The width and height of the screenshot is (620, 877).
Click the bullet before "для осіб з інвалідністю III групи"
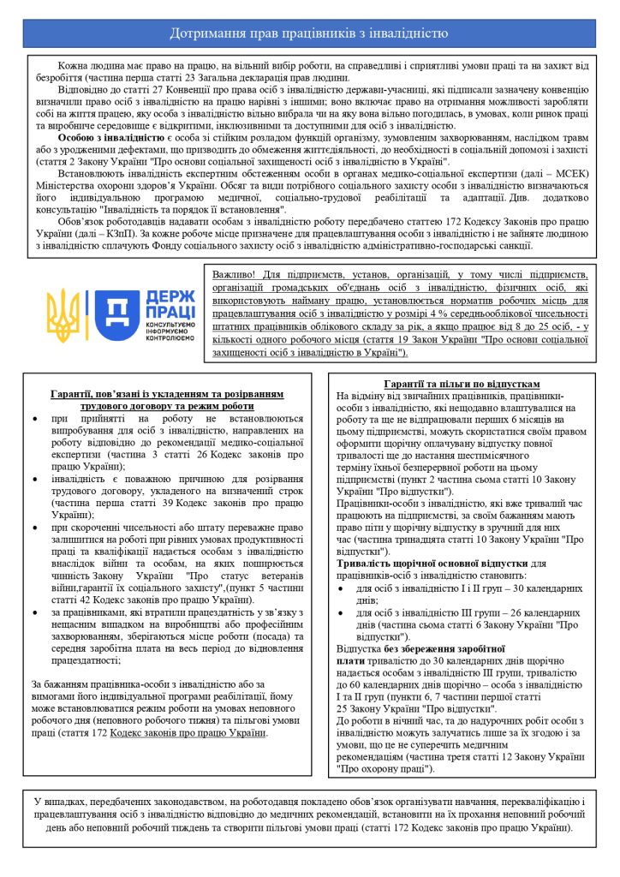point(342,613)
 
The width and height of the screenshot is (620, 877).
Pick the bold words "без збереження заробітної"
point(444,648)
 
